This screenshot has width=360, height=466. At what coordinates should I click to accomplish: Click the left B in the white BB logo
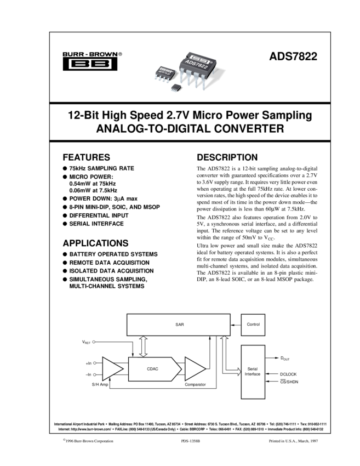[79, 64]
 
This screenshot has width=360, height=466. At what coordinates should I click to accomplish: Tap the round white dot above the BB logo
[102, 54]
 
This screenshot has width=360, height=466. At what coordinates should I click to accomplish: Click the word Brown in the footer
[88, 441]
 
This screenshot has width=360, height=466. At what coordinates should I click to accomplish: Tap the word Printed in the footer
[276, 441]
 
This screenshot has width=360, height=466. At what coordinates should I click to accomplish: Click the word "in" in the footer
[284, 441]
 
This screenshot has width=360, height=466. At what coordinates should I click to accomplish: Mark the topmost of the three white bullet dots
[94, 342]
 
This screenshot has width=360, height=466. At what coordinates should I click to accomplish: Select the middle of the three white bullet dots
[95, 363]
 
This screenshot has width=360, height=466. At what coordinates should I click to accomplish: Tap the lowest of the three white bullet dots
[95, 374]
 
